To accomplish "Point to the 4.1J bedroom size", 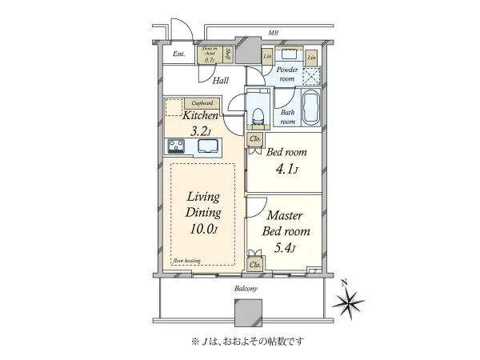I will tap(286, 169).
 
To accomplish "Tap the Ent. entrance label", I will tap(179, 55).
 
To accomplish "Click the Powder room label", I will tap(286, 73).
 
